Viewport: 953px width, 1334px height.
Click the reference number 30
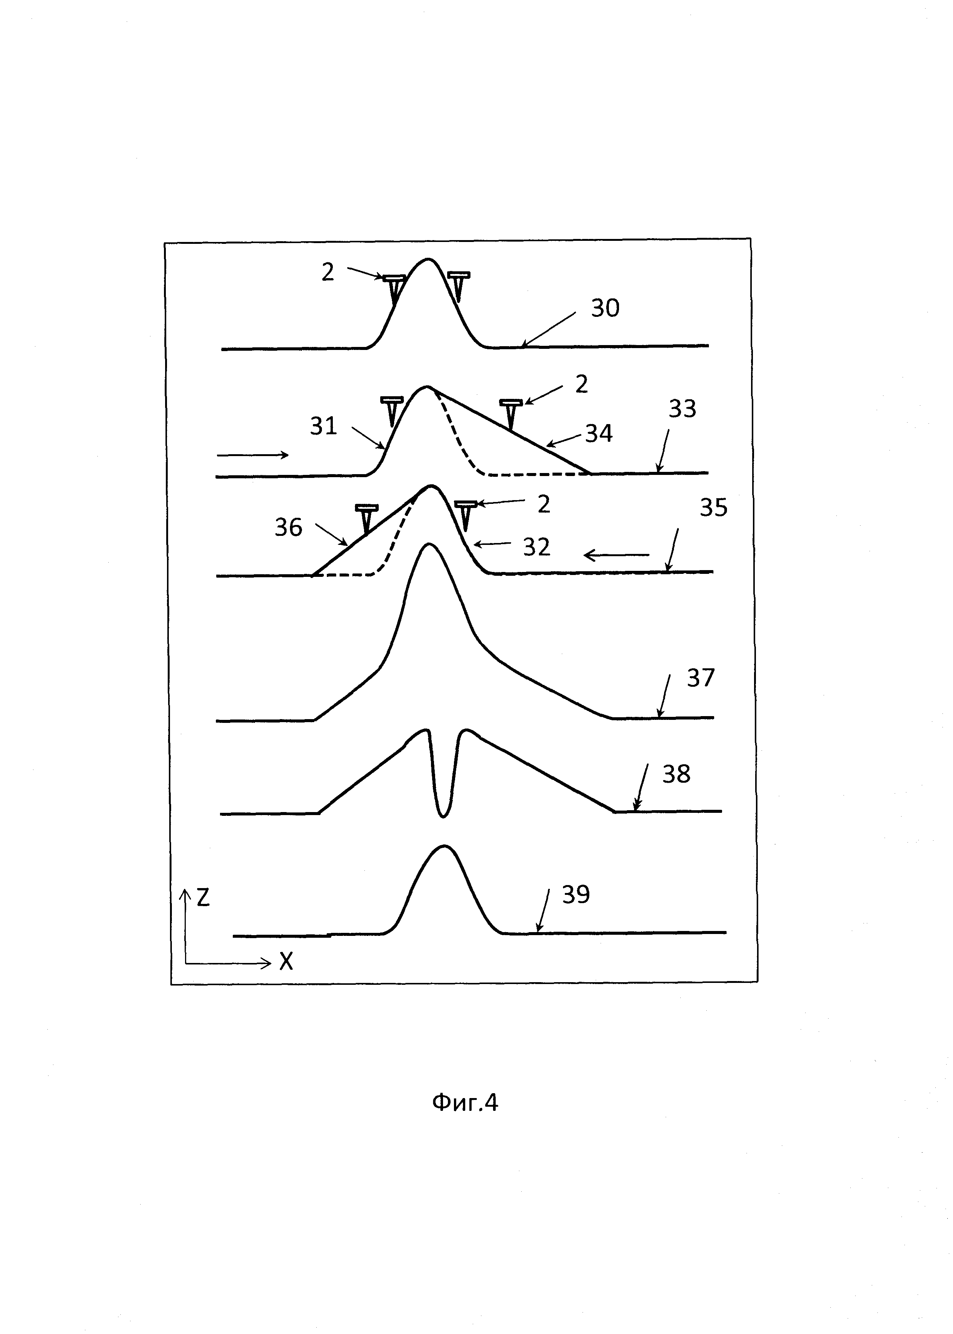(605, 308)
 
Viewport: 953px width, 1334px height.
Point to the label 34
(599, 434)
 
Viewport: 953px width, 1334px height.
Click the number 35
(713, 507)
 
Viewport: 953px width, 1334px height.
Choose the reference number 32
(536, 547)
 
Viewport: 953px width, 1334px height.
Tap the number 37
(701, 678)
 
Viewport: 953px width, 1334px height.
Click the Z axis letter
(203, 898)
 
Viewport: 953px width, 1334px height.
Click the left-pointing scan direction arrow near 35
(616, 555)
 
